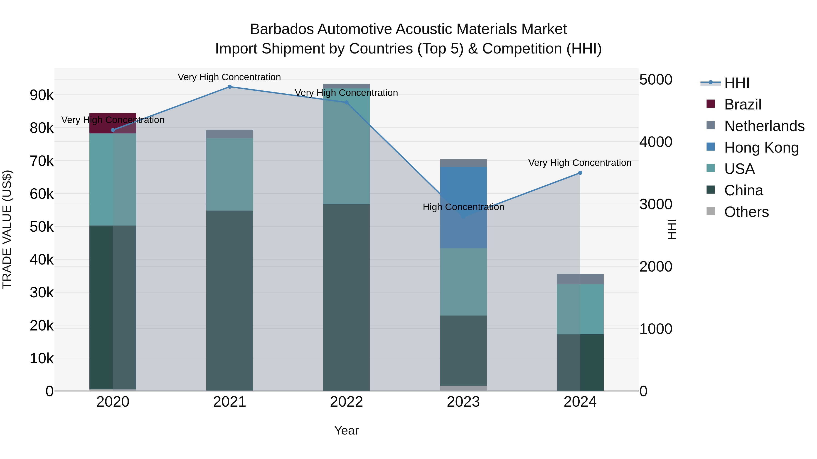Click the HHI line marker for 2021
pyautogui.click(x=230, y=87)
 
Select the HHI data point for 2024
pyautogui.click(x=580, y=173)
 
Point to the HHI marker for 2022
pyautogui.click(x=346, y=103)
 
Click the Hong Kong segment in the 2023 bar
pyautogui.click(x=463, y=207)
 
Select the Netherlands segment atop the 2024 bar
pyautogui.click(x=580, y=279)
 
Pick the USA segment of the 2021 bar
pyautogui.click(x=230, y=174)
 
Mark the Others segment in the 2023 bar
pyautogui.click(x=463, y=388)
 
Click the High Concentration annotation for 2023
pyautogui.click(x=463, y=207)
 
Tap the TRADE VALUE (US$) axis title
pyautogui.click(x=7, y=229)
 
